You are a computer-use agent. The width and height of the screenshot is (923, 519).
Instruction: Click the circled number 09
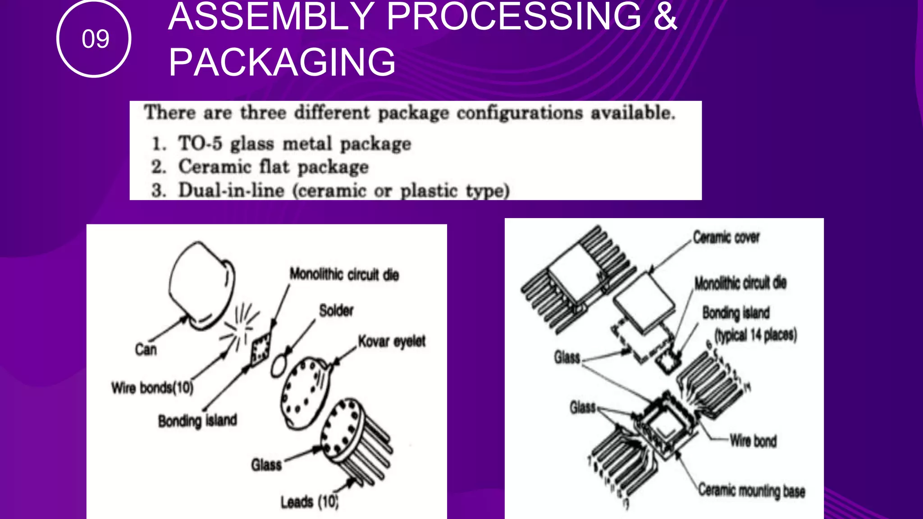[95, 39]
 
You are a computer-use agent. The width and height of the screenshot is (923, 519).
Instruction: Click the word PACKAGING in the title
[282, 62]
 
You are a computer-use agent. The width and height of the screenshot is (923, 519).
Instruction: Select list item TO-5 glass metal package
[294, 144]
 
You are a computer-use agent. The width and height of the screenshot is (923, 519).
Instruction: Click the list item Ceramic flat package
[273, 167]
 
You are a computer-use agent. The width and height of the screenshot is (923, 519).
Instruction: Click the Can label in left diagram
[146, 349]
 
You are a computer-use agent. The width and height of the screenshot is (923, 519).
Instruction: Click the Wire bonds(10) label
[152, 387]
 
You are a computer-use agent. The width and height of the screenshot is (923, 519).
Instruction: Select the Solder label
[336, 310]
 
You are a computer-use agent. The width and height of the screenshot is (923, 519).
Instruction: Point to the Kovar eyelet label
[391, 341]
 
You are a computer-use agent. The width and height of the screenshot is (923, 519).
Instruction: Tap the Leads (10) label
[309, 501]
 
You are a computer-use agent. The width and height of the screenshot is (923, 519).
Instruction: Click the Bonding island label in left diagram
[197, 421]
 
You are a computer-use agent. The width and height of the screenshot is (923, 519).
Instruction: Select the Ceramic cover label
[726, 237]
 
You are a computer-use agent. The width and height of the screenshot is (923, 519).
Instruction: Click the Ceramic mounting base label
[751, 491]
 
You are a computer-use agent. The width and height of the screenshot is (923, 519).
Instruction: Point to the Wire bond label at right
[753, 441]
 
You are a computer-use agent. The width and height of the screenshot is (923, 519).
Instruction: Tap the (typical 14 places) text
[756, 335]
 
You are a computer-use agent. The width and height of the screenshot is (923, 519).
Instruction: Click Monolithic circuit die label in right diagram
[740, 283]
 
